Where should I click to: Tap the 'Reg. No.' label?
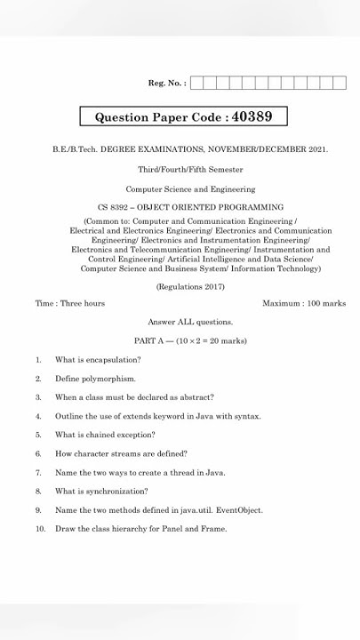[x=166, y=84]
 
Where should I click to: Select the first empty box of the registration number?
[x=196, y=84]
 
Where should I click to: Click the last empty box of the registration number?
[x=339, y=84]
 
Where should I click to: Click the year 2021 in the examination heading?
[x=318, y=149]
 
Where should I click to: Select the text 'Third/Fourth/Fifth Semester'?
[x=190, y=169]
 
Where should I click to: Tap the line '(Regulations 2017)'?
[x=190, y=286]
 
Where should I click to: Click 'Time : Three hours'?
[x=70, y=303]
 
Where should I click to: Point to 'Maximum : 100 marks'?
[x=304, y=303]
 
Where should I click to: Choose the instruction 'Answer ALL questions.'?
[x=190, y=322]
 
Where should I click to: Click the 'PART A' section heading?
[x=148, y=340]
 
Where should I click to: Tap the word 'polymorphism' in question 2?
[x=111, y=379]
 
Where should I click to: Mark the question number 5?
[x=38, y=435]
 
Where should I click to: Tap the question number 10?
[x=40, y=529]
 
